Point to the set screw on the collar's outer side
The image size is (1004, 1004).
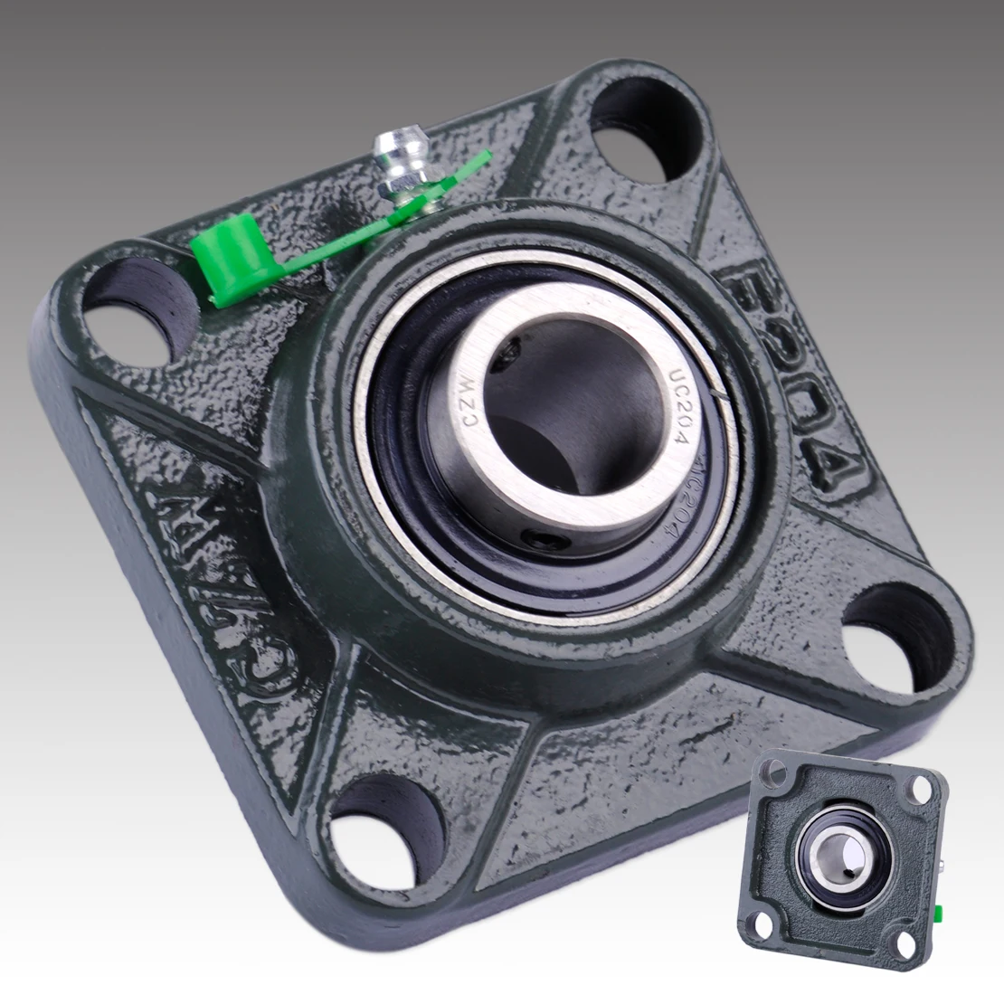pos(542,541)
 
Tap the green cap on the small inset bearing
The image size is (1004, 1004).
pos(942,907)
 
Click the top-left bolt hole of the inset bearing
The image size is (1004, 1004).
pos(773,773)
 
